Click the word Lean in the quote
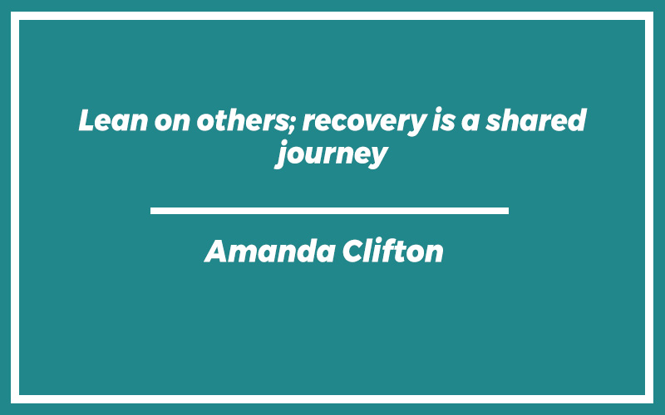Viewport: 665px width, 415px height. coord(113,120)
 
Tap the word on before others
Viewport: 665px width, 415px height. coord(172,122)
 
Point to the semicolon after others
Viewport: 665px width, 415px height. coord(293,124)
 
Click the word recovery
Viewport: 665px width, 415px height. coord(364,123)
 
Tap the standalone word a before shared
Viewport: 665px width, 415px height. coord(470,122)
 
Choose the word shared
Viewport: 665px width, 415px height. coord(536,120)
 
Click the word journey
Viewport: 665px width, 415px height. coord(332,154)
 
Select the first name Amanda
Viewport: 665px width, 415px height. coord(270,251)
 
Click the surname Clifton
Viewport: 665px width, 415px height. coord(393,251)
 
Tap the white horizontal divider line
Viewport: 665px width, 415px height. coord(329,211)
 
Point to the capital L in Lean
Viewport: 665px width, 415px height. coord(88,120)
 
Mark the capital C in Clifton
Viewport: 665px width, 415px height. coord(354,251)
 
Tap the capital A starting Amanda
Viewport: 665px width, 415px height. coord(217,251)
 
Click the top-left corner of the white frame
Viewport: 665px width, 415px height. coord(11,12)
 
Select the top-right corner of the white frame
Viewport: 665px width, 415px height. coord(653,12)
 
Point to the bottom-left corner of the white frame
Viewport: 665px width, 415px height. coord(11,403)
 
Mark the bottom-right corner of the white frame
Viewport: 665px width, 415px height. coord(653,403)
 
